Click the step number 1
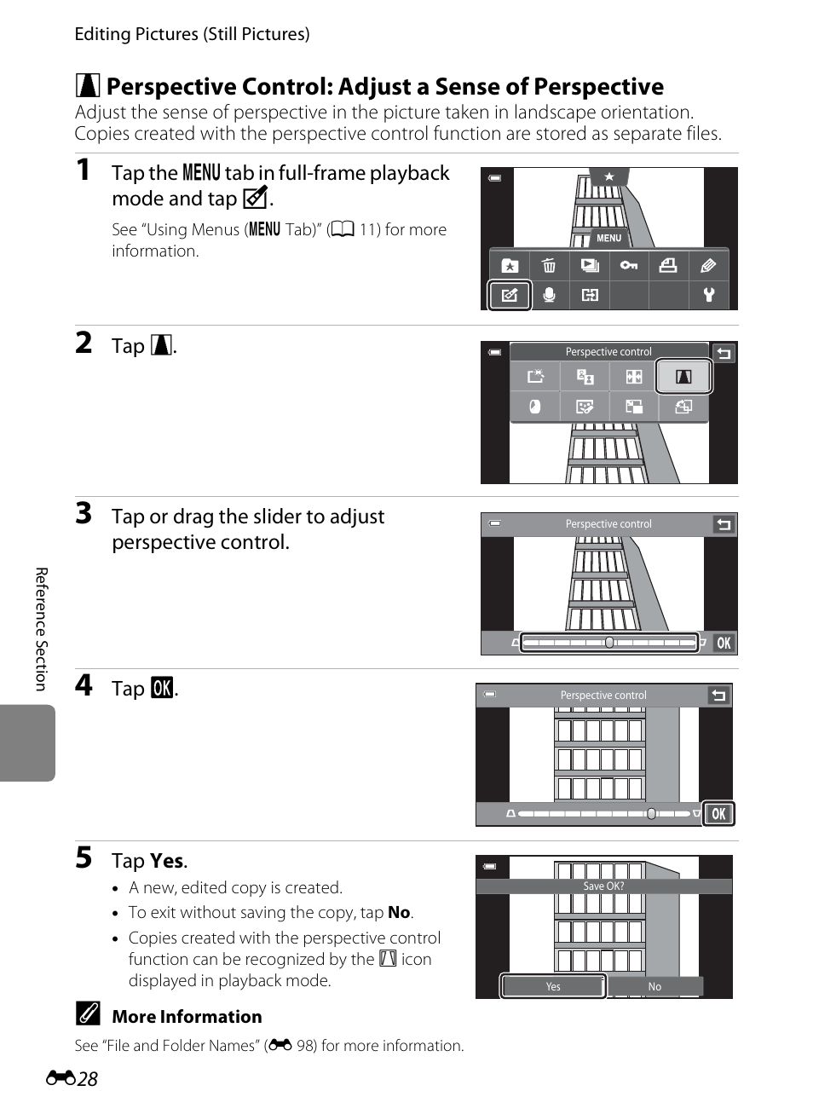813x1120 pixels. click(83, 170)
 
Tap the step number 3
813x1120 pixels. click(84, 513)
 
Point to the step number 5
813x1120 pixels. click(84, 857)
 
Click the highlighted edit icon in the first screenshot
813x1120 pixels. click(510, 295)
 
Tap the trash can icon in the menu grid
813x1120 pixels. click(549, 266)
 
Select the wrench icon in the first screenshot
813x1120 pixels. click(708, 295)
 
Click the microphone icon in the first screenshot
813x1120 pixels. click(550, 295)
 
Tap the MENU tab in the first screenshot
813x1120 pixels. click(608, 238)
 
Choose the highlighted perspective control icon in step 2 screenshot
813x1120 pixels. click(683, 377)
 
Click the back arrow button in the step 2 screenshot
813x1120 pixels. click(724, 353)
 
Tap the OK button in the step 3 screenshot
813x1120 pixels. click(724, 643)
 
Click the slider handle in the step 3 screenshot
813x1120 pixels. click(609, 643)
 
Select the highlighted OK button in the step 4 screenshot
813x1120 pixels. click(718, 814)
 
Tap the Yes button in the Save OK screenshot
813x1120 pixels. click(553, 986)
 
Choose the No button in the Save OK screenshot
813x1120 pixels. click(654, 986)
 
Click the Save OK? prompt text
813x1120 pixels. click(603, 886)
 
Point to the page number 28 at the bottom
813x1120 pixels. click(87, 1079)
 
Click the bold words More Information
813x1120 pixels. click(187, 1017)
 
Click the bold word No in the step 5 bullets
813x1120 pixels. click(399, 912)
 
